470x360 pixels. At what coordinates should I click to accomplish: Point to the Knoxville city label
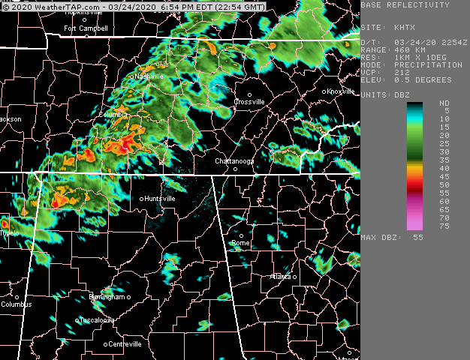pyautogui.click(x=341, y=91)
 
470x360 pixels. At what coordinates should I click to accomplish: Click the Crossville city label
pyautogui.click(x=249, y=101)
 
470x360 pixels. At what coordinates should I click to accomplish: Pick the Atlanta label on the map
pyautogui.click(x=280, y=277)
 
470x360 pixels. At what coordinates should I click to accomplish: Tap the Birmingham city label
pyautogui.click(x=106, y=297)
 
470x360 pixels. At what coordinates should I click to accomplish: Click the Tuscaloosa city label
pyautogui.click(x=98, y=320)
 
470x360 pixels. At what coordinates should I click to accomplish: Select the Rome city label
pyautogui.click(x=241, y=243)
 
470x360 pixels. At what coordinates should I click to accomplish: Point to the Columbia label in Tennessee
pyautogui.click(x=113, y=115)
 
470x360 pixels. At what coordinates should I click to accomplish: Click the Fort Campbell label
pyautogui.click(x=86, y=28)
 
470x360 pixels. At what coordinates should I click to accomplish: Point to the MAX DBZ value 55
pyautogui.click(x=418, y=237)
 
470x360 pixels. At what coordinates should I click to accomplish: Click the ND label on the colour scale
pyautogui.click(x=444, y=103)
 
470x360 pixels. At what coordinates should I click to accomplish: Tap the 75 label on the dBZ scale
pyautogui.click(x=444, y=226)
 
